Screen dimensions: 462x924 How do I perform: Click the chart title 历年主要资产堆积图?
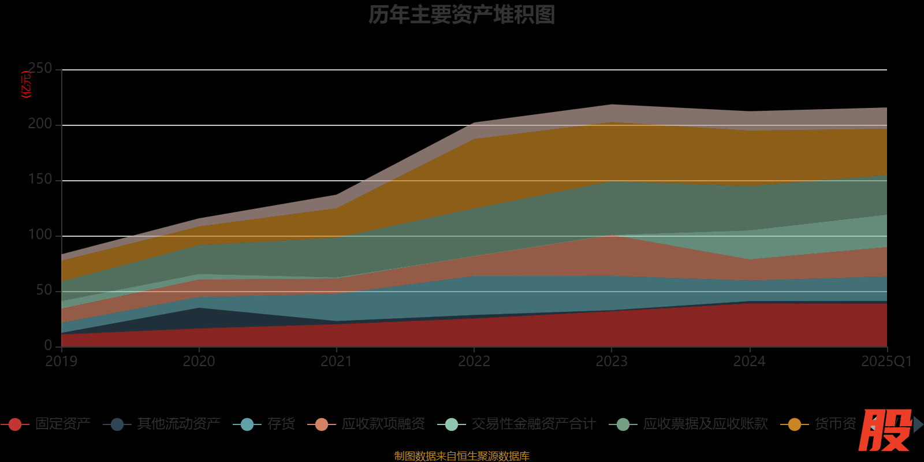click(x=461, y=15)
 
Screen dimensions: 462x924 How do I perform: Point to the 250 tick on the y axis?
click(x=40, y=69)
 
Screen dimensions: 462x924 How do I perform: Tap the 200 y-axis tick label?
click(x=40, y=124)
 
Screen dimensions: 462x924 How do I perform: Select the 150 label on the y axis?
click(x=40, y=180)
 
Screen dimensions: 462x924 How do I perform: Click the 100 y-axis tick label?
click(x=40, y=235)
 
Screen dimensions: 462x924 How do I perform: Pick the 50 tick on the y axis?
click(x=44, y=290)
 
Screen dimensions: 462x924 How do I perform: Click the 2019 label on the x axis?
click(x=61, y=362)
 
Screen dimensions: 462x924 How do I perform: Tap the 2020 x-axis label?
click(x=199, y=362)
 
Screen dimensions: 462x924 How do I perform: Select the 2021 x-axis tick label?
click(x=336, y=362)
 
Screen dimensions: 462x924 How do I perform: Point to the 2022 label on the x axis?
click(x=474, y=362)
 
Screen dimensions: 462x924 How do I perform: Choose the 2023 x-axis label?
click(x=611, y=362)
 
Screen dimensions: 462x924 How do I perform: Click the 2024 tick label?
click(x=749, y=362)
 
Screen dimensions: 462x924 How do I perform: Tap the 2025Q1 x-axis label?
click(x=886, y=362)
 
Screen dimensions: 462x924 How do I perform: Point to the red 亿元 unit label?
click(x=26, y=84)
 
